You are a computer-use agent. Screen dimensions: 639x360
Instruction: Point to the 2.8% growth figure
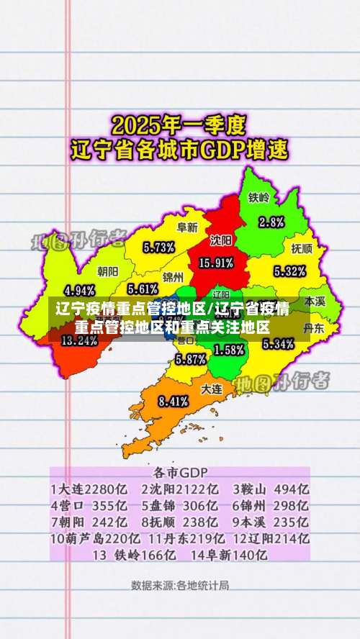tap(271, 222)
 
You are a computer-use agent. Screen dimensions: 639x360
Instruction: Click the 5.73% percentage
tap(159, 248)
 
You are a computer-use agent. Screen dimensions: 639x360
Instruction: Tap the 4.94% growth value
tap(80, 291)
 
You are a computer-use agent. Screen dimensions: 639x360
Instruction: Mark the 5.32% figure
tap(290, 271)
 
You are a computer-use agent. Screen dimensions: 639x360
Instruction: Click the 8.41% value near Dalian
tap(174, 401)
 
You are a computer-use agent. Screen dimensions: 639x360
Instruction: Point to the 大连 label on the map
tap(211, 388)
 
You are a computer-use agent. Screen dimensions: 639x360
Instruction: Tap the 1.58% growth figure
tap(230, 350)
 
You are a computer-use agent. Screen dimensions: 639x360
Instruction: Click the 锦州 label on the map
tap(173, 276)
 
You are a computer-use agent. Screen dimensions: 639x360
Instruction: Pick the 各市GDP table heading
tap(180, 473)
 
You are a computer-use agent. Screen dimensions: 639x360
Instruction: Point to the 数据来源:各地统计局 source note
tap(180, 584)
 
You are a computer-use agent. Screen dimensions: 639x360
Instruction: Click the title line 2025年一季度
tap(179, 126)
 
